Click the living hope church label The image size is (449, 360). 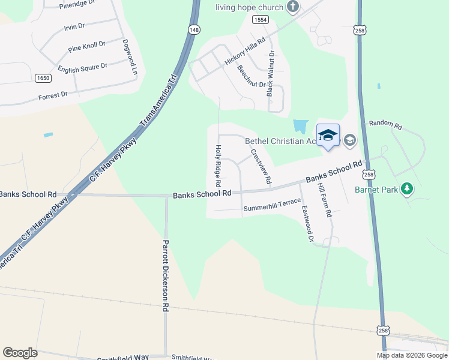click(x=250, y=7)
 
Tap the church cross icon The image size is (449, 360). click(x=293, y=7)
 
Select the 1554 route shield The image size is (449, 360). click(x=260, y=20)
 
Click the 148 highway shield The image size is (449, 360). click(x=194, y=29)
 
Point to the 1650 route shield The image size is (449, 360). click(x=43, y=77)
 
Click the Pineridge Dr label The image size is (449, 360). click(x=77, y=5)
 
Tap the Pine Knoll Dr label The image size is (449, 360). click(x=86, y=46)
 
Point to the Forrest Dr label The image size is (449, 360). click(x=53, y=96)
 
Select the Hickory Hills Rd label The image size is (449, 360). click(x=244, y=52)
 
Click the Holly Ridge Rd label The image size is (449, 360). click(x=217, y=166)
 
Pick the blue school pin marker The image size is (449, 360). click(x=328, y=136)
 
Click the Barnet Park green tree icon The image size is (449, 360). click(x=408, y=189)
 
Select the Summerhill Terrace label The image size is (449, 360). click(x=271, y=208)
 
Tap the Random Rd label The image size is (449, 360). click(x=385, y=124)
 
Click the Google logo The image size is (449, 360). click(x=20, y=353)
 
